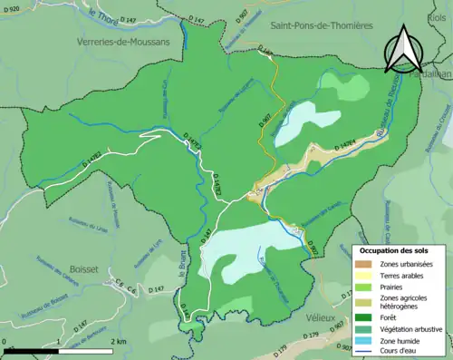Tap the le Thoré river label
[104, 17]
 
